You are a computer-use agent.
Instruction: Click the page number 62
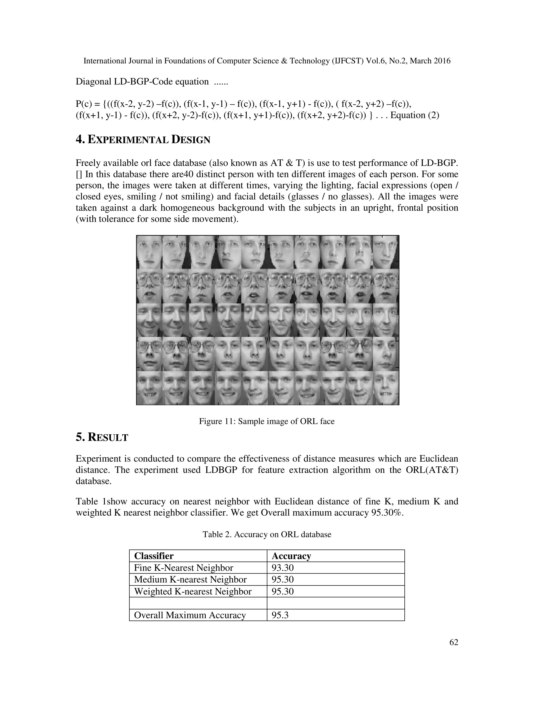coord(453,642)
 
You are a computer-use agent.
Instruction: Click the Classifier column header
coord(153,556)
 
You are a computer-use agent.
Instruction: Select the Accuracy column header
coord(291,556)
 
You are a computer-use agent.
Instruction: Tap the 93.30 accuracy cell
coord(283,568)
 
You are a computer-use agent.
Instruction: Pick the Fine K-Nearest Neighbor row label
coord(183,568)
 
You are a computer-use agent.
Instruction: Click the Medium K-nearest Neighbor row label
coord(190,579)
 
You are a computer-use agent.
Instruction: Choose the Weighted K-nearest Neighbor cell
coord(193,591)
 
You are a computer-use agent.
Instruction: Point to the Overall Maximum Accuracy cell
coord(190,615)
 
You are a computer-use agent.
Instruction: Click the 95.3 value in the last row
coord(280,615)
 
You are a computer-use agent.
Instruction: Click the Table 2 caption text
coord(267,534)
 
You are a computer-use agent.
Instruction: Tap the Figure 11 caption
coord(267,421)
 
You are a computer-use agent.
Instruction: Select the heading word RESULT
coord(108,438)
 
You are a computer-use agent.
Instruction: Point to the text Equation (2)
coord(414,115)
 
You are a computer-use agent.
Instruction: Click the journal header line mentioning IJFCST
coord(267,61)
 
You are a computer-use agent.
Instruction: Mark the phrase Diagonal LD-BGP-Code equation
coord(142,81)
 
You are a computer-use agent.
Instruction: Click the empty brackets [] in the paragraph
coord(79,174)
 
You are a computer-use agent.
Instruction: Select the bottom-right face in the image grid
coord(386,388)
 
